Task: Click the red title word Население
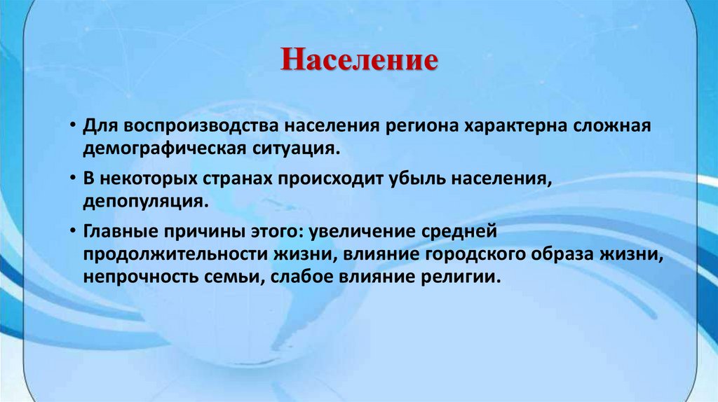coord(360,59)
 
